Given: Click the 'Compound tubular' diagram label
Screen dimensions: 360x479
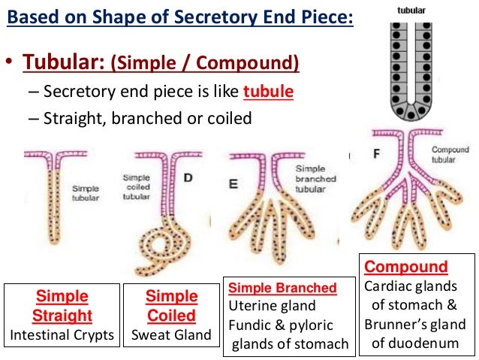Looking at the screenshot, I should [450, 154].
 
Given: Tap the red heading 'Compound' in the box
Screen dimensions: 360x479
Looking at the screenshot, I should [406, 267].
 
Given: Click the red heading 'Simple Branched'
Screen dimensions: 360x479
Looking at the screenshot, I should [282, 288].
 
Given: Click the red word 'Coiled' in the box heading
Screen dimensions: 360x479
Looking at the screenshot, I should [172, 314].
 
